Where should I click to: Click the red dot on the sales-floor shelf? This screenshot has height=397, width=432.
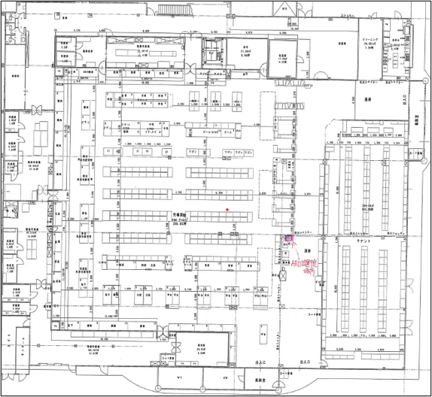[x=227, y=209]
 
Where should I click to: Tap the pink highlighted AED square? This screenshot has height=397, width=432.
[x=287, y=240]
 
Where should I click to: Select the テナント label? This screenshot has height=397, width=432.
[x=367, y=238]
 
